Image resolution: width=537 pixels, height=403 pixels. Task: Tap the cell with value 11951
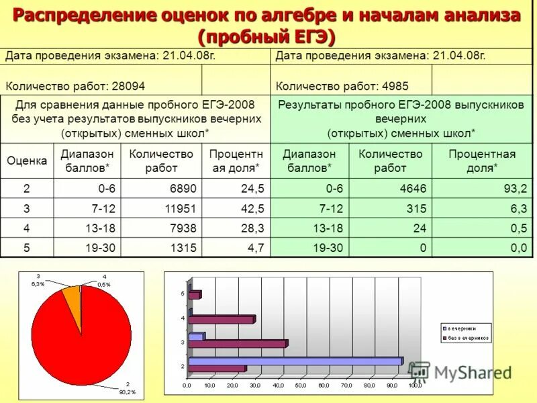click(177, 209)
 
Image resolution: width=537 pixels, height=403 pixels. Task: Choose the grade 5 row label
click(27, 248)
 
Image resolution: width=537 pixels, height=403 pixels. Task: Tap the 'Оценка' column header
click(27, 161)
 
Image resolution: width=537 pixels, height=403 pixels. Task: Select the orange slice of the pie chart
click(71, 293)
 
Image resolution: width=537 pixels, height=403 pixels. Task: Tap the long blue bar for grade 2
click(295, 361)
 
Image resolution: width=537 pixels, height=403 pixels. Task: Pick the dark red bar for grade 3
click(238, 343)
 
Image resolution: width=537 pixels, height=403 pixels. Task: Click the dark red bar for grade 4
click(222, 320)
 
